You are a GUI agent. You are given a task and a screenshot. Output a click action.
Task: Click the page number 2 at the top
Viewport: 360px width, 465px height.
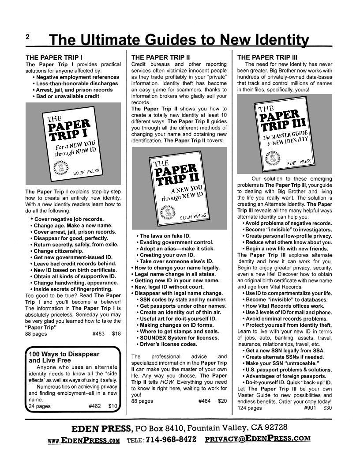[27, 38]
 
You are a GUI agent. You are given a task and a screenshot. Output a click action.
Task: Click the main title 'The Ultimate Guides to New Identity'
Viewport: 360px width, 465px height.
[179, 40]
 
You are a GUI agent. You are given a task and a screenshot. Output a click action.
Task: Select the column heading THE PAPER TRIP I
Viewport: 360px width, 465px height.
[54, 57]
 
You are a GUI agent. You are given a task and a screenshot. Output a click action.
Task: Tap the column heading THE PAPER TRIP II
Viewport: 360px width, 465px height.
[161, 57]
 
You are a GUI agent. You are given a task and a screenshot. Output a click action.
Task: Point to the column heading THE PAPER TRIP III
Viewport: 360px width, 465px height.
[267, 57]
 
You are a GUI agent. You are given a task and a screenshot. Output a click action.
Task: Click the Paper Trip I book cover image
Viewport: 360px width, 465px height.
[73, 144]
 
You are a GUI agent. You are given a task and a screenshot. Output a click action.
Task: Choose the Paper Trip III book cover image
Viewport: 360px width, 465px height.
[284, 134]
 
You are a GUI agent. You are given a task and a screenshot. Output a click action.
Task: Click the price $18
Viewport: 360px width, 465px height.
[116, 334]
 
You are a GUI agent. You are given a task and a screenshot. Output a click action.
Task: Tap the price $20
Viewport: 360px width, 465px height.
[222, 401]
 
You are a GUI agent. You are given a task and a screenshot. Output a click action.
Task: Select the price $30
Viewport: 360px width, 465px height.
[327, 408]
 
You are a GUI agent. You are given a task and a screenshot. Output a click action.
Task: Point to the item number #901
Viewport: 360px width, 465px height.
[310, 408]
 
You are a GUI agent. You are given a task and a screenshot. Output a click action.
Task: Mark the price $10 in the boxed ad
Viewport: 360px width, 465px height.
[113, 406]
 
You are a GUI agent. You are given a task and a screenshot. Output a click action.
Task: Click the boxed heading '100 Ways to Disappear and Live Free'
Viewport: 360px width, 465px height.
[64, 357]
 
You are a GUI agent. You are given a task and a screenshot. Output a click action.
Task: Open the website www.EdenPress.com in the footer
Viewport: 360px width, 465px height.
[84, 440]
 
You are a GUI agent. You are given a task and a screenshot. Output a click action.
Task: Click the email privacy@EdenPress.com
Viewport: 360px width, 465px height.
[258, 439]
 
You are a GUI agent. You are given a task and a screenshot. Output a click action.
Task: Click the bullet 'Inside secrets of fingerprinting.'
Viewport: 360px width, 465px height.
[74, 289]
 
